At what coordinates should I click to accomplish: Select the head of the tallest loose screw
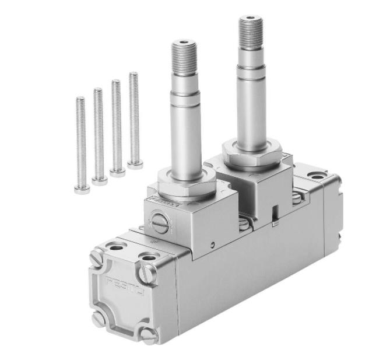click(135, 165)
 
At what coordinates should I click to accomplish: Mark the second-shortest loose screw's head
click(99, 181)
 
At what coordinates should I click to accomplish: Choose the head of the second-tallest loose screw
click(117, 173)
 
